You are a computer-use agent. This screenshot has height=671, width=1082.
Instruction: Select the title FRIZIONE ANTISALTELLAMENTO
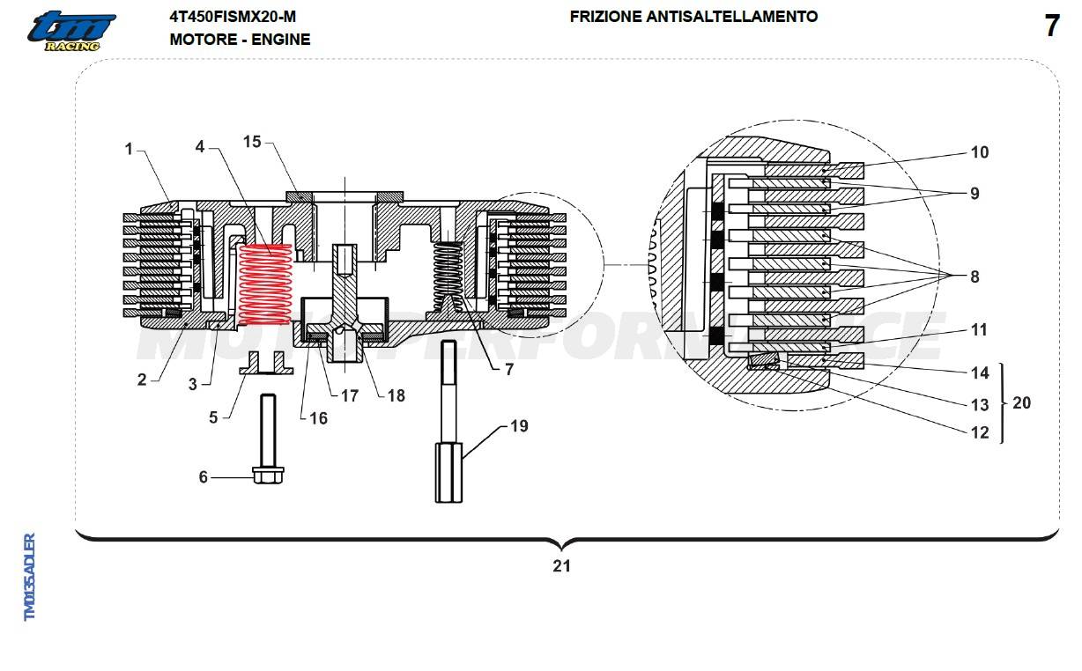693,17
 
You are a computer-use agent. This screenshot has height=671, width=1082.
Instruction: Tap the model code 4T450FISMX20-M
233,17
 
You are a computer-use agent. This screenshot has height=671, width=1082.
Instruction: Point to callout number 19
519,426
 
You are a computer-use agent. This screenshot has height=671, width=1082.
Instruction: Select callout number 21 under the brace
561,566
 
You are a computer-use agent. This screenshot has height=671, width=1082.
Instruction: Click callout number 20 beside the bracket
1021,403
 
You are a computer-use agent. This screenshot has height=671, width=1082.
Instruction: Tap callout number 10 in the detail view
979,152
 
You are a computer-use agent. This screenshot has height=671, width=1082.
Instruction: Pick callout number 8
975,277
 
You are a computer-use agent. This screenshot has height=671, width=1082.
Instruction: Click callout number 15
253,142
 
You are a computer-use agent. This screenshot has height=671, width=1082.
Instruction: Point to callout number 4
200,146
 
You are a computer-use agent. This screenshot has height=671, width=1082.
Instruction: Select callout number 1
129,150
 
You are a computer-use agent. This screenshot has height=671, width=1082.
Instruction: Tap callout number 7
508,370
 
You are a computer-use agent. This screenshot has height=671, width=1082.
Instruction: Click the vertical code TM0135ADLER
30,577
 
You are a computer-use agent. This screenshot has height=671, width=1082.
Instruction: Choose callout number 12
979,432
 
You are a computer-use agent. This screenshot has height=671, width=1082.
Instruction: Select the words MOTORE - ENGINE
240,40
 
